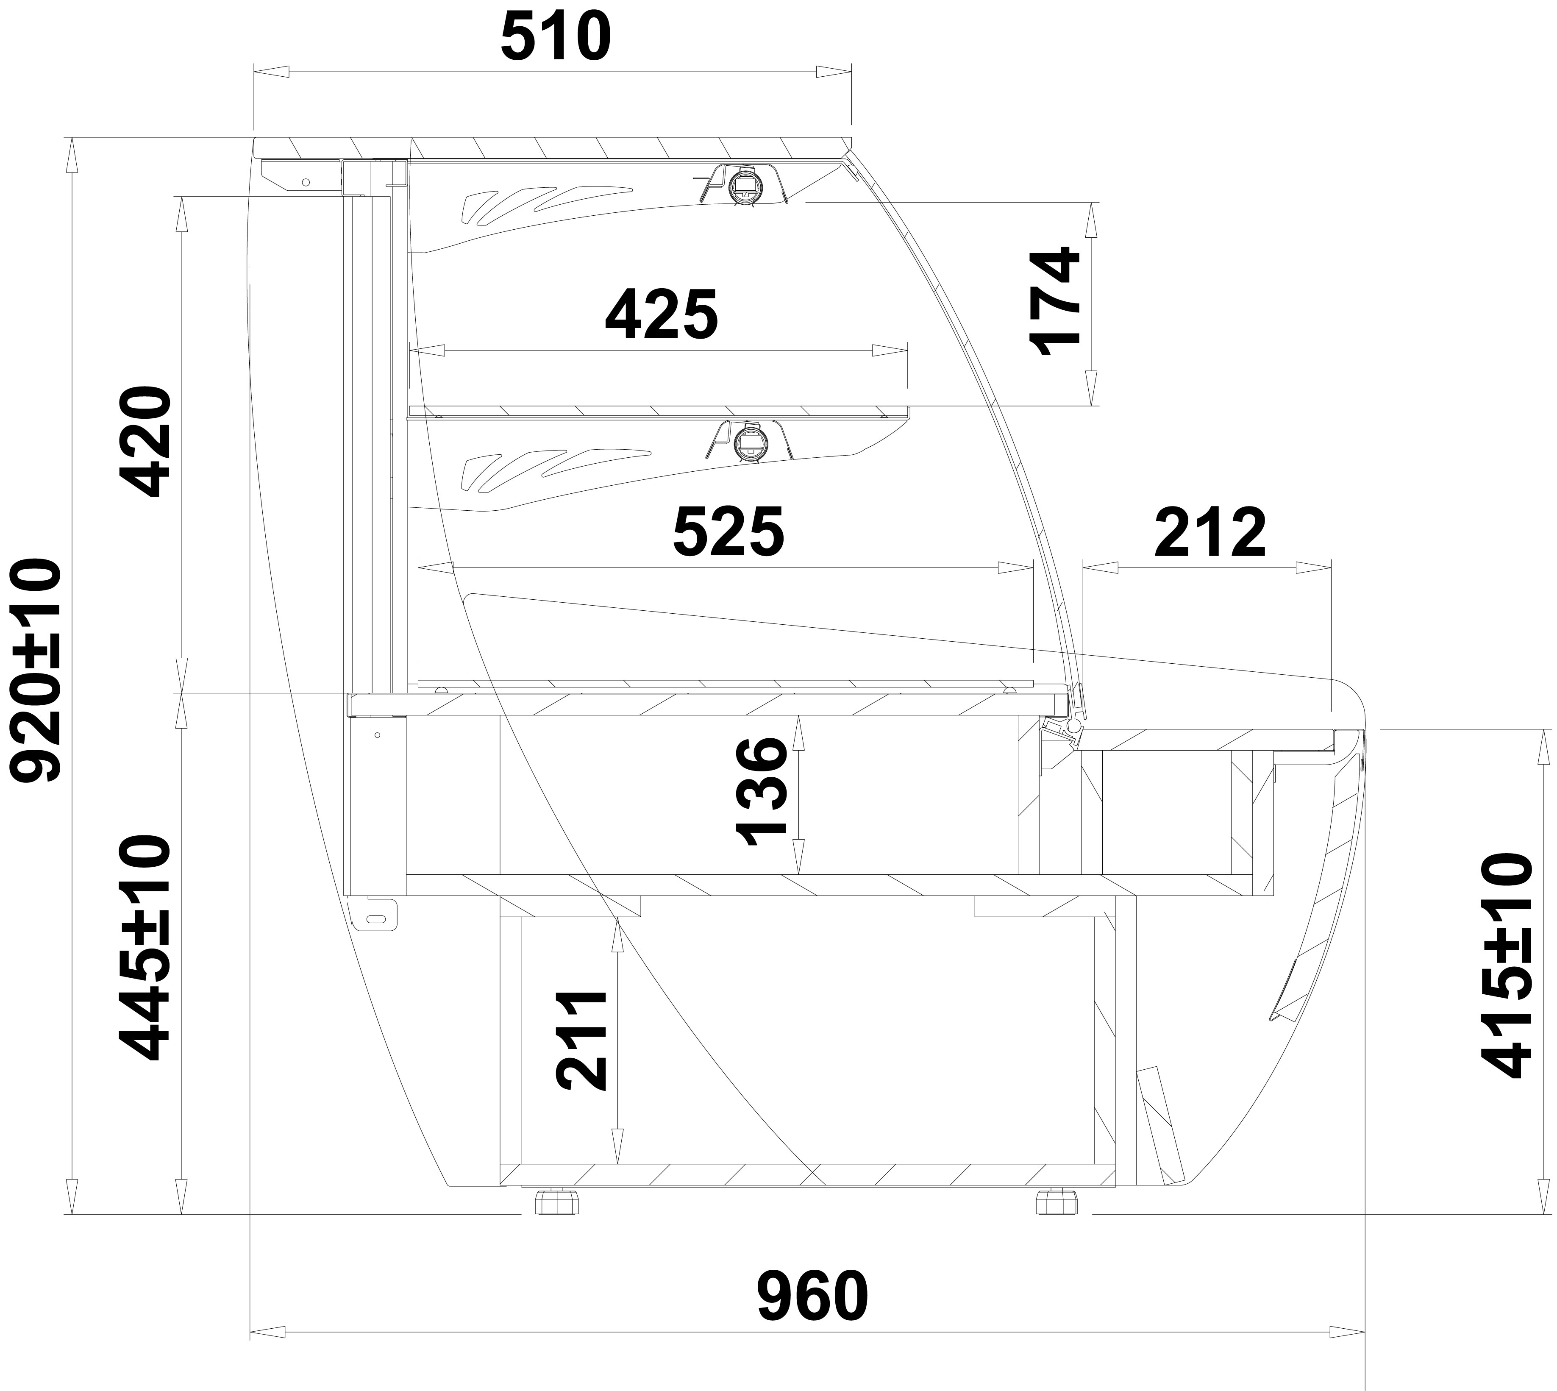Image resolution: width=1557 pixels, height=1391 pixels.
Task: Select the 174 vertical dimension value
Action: (1056, 301)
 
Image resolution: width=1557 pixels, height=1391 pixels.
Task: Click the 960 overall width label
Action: (812, 1296)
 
